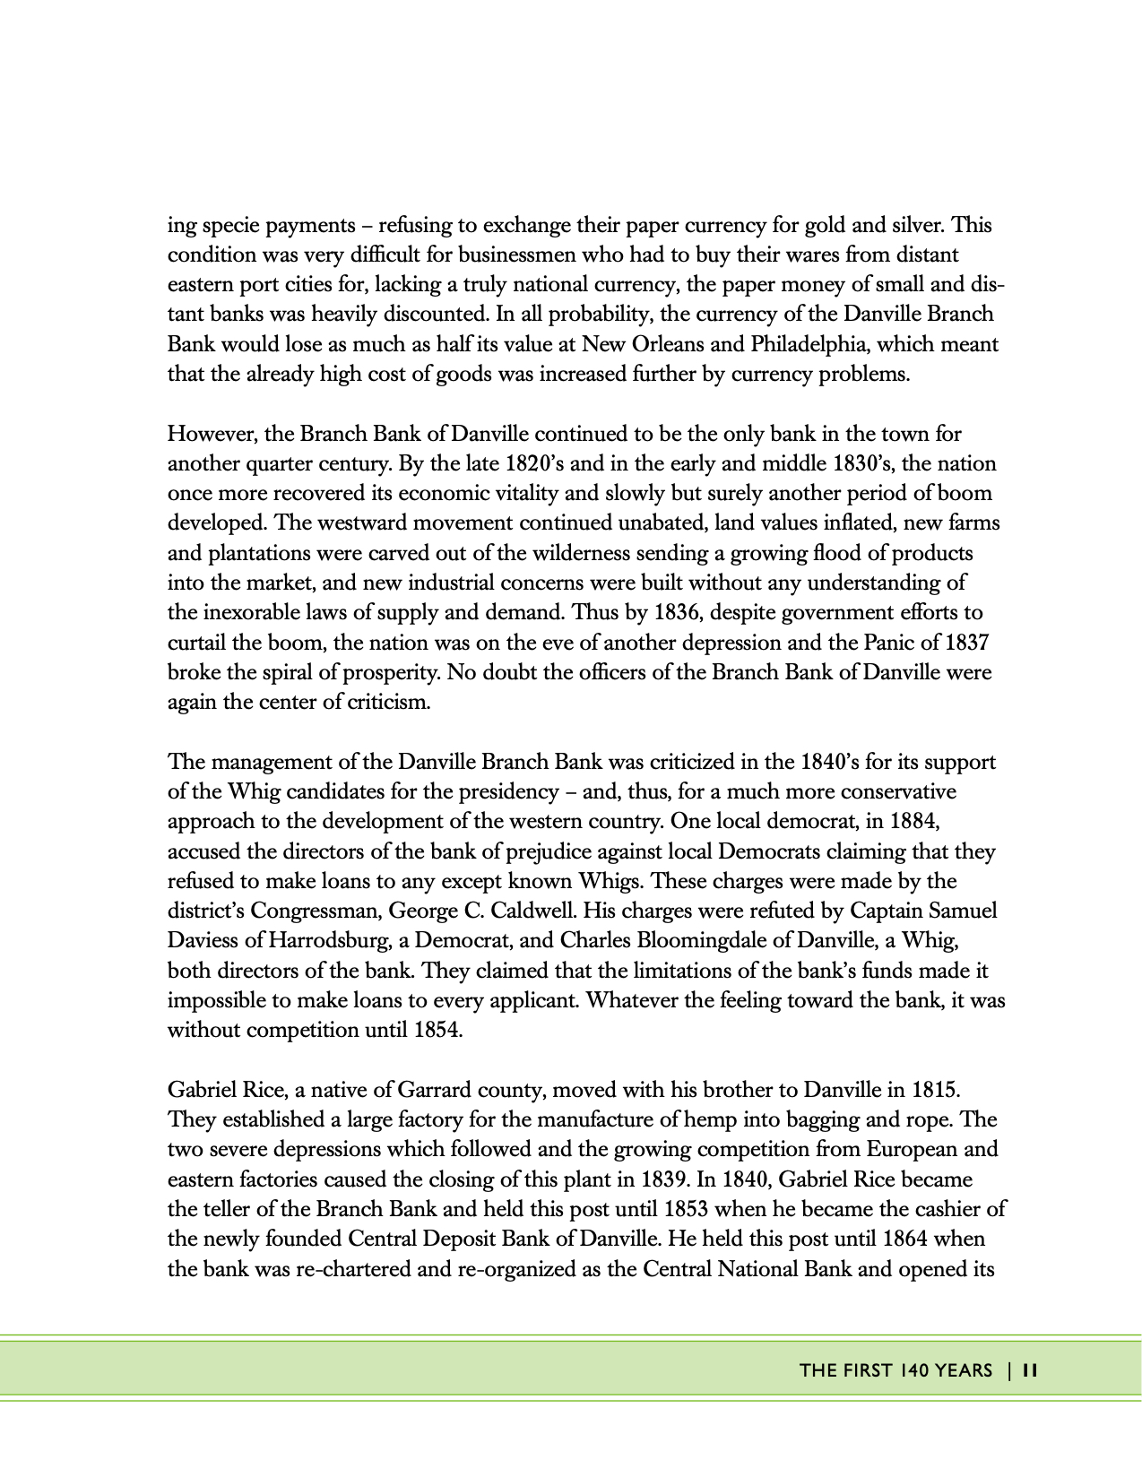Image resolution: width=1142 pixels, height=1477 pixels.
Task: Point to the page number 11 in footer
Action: (1029, 1370)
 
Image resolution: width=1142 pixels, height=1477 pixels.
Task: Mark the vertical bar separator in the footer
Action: (1009, 1370)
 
